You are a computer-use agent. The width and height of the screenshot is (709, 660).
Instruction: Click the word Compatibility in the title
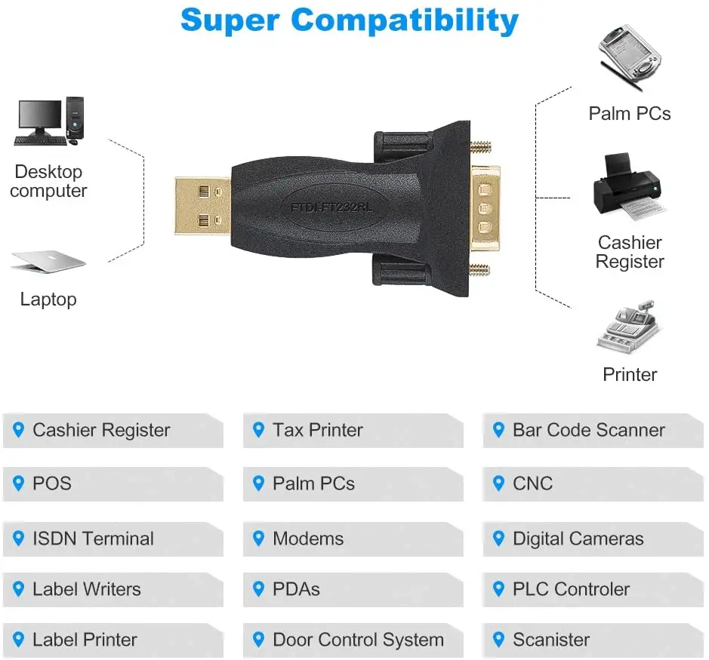(x=405, y=20)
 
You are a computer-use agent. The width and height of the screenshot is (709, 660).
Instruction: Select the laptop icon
(x=48, y=261)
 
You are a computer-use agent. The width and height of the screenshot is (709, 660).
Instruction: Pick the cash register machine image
(x=629, y=329)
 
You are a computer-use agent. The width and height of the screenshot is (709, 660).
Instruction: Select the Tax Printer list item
(x=317, y=431)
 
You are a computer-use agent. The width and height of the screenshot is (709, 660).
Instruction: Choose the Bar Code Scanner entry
(x=588, y=431)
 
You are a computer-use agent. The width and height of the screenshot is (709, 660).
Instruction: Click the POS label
(x=51, y=483)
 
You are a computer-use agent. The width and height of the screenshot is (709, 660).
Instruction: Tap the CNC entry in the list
(x=532, y=483)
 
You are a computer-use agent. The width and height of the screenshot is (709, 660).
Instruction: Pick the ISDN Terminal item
(x=93, y=539)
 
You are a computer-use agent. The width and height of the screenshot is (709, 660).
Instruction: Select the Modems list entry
(x=307, y=539)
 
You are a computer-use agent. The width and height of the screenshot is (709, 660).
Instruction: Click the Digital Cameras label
(x=578, y=539)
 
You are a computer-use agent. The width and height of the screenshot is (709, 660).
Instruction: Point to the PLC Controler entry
(x=571, y=589)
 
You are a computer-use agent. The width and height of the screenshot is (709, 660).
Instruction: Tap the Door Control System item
(x=358, y=640)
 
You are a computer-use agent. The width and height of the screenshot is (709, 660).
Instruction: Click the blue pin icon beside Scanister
(x=498, y=640)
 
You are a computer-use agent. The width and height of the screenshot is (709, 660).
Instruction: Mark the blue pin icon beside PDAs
(x=258, y=589)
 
